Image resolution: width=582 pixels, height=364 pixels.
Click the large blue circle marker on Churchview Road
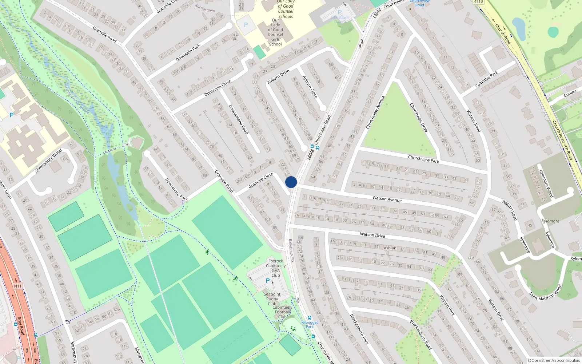coord(291,182)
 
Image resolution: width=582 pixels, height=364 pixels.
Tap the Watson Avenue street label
coord(387,199)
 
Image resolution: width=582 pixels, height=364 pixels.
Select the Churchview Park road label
coord(423,159)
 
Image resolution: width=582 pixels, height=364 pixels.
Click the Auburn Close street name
coord(310,87)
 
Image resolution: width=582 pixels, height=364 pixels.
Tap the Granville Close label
coord(260,181)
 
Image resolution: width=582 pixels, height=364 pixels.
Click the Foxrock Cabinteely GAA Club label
coord(276,268)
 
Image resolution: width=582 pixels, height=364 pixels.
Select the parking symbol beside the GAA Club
coord(268,281)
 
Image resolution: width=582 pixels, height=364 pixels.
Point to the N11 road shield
coord(18,286)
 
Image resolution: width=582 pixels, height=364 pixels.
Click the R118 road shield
coord(478,2)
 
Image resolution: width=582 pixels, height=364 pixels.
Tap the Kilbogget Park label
coord(310,324)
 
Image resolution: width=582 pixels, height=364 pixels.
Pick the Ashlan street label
coord(390,248)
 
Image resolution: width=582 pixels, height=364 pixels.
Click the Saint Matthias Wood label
coord(545,292)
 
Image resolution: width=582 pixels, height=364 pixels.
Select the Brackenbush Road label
coord(420,335)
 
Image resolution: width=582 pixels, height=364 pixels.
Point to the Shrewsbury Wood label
coord(48,161)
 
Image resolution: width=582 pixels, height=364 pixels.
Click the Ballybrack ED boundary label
coord(291,250)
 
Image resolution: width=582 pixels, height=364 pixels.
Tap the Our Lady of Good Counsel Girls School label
coord(275,32)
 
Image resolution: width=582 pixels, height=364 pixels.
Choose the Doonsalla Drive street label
coord(218,88)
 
